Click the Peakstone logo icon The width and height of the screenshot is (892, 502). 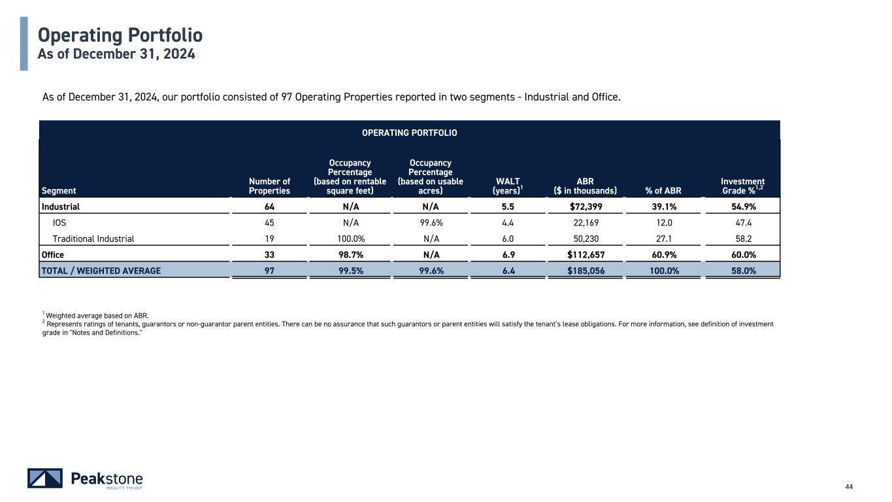coord(45,478)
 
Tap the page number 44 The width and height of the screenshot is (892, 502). coord(849,486)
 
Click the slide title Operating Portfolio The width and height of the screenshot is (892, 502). coord(120,35)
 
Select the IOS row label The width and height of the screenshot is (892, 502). coord(59,222)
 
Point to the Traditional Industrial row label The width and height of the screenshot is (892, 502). coord(93,239)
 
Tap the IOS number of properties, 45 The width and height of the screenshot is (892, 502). coord(269,222)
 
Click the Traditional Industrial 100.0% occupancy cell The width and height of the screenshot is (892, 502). coord(350,239)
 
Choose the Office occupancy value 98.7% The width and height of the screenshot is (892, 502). coord(350,254)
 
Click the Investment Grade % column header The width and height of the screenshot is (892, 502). coord(743,186)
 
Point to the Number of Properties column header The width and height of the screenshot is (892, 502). coord(269,186)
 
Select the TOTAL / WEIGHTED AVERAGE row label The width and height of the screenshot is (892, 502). coord(101,270)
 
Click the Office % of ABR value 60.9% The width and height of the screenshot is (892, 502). coord(662,254)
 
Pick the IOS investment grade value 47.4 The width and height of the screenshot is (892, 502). coord(743,222)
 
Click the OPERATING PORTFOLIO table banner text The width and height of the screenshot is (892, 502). coord(410,133)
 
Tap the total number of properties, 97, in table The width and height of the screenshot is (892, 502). coord(269,270)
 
